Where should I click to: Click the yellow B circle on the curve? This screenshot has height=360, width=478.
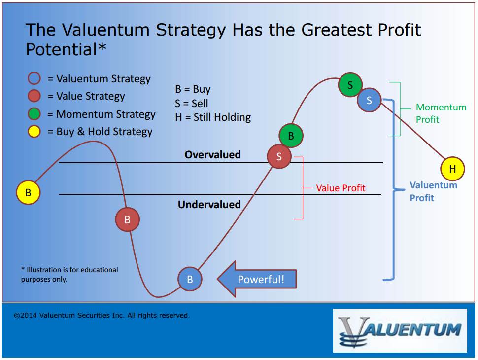[28, 192]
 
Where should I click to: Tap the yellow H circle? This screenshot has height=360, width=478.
[452, 169]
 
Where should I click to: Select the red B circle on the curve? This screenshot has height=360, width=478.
[128, 219]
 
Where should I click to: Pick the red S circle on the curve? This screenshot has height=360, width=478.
[279, 156]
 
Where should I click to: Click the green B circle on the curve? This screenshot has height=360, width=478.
[291, 136]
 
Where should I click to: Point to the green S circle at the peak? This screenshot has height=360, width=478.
[350, 85]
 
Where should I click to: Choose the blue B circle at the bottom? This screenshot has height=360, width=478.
[190, 279]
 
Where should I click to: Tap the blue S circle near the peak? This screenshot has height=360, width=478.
[369, 100]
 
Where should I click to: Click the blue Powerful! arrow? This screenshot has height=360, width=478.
[257, 279]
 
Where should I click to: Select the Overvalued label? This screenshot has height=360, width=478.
[213, 155]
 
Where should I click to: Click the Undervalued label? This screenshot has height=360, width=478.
[209, 204]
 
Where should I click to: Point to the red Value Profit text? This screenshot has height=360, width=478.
[341, 188]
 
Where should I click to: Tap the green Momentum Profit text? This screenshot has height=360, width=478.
[441, 113]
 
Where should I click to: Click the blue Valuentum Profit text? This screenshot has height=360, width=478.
[433, 191]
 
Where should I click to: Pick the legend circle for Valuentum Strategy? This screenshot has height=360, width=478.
[34, 78]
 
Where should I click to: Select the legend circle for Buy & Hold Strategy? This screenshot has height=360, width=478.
[34, 132]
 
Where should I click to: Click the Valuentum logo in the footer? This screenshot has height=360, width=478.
[400, 331]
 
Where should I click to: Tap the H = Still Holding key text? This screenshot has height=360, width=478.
[213, 117]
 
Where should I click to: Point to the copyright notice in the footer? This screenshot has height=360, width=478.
[102, 315]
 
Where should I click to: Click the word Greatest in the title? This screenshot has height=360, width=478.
[337, 30]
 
